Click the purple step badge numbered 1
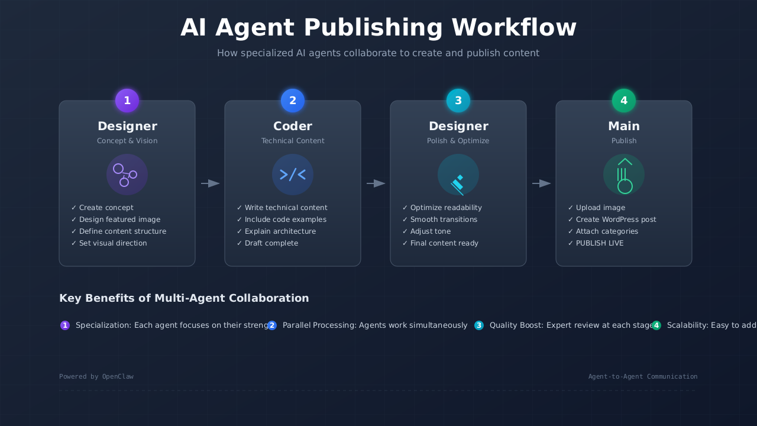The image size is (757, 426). (x=127, y=101)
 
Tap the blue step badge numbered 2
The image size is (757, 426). (x=293, y=101)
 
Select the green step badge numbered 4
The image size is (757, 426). (x=624, y=101)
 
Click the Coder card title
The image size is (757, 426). (x=293, y=126)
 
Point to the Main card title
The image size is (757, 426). (x=624, y=126)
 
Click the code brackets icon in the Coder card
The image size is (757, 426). (x=293, y=175)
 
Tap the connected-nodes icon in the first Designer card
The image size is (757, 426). (x=126, y=175)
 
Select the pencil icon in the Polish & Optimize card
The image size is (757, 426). (x=458, y=184)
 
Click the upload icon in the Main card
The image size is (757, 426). (x=624, y=176)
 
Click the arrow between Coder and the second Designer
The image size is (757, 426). (x=376, y=183)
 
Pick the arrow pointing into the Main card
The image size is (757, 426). (x=542, y=183)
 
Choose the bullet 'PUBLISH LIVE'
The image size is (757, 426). (x=599, y=243)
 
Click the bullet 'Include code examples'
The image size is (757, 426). (x=285, y=220)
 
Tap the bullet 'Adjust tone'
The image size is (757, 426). (x=430, y=231)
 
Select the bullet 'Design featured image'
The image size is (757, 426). (x=119, y=220)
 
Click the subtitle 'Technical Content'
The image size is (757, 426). (x=293, y=141)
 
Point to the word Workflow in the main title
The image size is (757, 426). (x=514, y=28)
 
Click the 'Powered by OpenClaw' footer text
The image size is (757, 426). (x=96, y=376)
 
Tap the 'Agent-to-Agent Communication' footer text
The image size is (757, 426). (x=643, y=376)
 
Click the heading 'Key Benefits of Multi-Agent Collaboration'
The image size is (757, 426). (x=184, y=298)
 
